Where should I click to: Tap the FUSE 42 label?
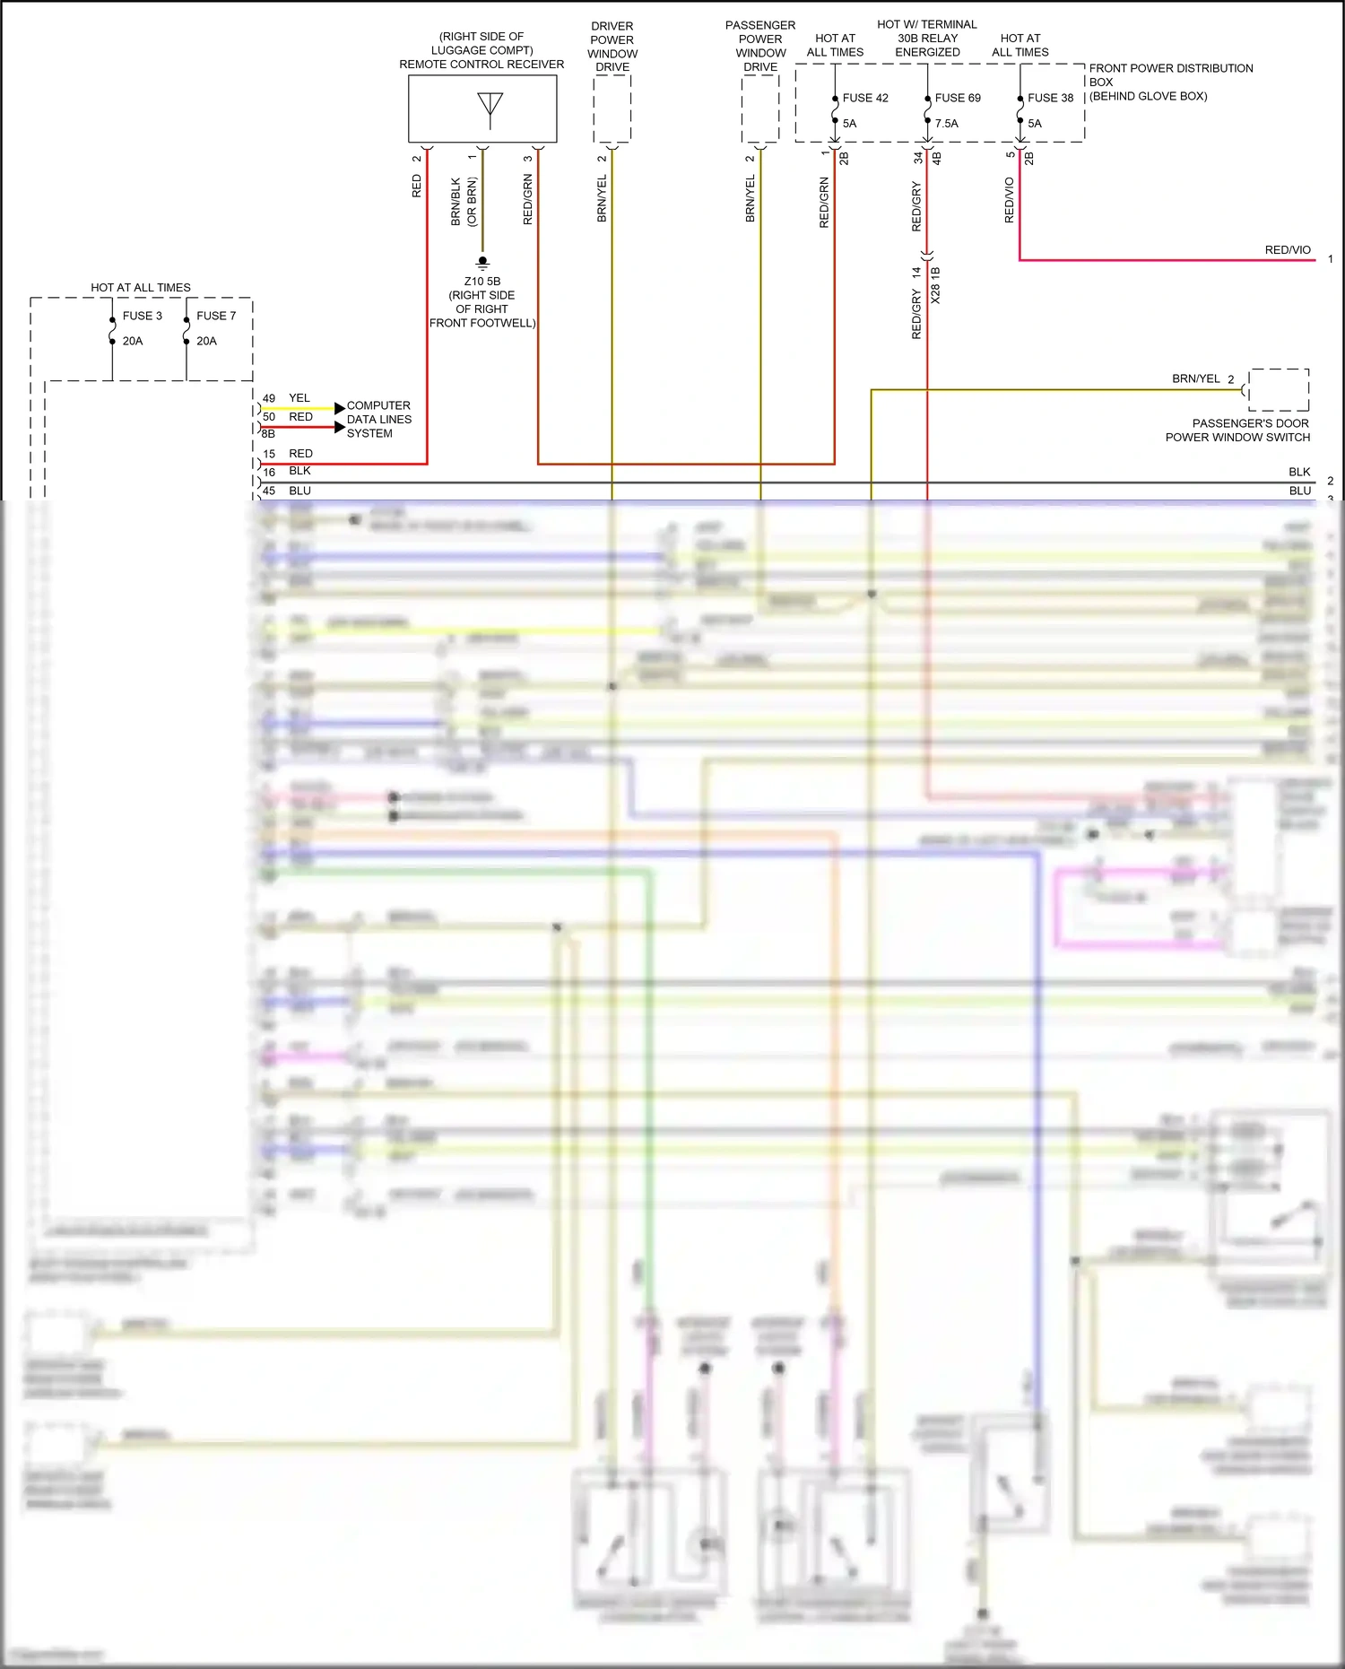pyautogui.click(x=864, y=98)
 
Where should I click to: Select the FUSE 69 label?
pyautogui.click(x=957, y=98)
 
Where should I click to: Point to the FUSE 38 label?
pyautogui.click(x=1050, y=98)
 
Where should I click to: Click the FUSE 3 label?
pyautogui.click(x=142, y=316)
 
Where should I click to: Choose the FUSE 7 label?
pyautogui.click(x=216, y=316)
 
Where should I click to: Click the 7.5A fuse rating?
pyautogui.click(x=946, y=124)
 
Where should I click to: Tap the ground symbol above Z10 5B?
pyautogui.click(x=482, y=264)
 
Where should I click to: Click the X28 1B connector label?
pyautogui.click(x=935, y=285)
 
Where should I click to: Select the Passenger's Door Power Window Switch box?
pyautogui.click(x=1278, y=389)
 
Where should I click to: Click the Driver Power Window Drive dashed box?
pyautogui.click(x=612, y=109)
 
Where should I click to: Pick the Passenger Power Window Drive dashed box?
pyautogui.click(x=760, y=109)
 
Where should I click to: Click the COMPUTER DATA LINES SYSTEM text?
pyautogui.click(x=378, y=419)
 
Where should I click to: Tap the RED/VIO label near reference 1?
pyautogui.click(x=1287, y=250)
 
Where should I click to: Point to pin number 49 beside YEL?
pyautogui.click(x=269, y=398)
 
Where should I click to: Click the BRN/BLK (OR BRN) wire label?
pyautogui.click(x=464, y=202)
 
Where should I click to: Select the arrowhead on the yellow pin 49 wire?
pyautogui.click(x=339, y=408)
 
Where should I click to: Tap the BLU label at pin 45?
pyautogui.click(x=299, y=491)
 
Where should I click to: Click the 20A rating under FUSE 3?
pyautogui.click(x=133, y=341)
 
